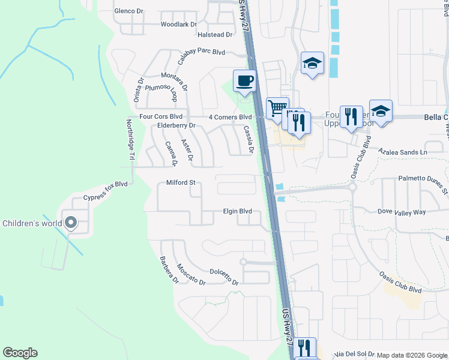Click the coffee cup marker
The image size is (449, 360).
click(244, 81)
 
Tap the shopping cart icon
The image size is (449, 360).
click(277, 108)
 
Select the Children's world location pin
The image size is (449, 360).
click(71, 223)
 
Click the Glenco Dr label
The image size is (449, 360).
click(129, 11)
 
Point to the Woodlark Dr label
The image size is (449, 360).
click(179, 25)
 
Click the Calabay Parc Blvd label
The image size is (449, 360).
click(201, 53)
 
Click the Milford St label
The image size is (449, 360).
click(181, 182)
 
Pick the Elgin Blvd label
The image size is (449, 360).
click(237, 211)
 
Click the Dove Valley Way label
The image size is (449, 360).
click(402, 212)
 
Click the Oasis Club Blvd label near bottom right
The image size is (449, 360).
click(400, 282)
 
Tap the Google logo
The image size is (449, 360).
click(20, 353)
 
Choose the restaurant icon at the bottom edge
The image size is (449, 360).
click(305, 347)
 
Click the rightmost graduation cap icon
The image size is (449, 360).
click(380, 111)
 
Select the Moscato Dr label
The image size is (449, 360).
click(191, 274)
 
